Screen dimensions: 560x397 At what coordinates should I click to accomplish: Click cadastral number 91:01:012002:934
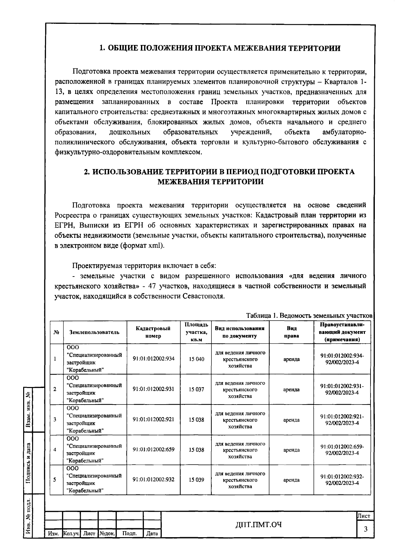153,359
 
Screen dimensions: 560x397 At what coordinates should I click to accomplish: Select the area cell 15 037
197,389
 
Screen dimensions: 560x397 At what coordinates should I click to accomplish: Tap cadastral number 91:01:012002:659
153,450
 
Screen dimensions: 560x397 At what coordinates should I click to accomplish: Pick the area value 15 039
197,480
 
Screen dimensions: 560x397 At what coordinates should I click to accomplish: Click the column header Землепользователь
94,332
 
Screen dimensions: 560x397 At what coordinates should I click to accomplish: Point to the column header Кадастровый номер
153,332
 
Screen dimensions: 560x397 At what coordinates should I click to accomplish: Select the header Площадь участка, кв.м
196,332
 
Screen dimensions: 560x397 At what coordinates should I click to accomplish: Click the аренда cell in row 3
291,420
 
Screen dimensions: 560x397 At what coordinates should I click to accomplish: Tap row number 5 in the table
55,480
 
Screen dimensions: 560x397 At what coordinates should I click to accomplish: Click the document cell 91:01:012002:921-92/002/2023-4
342,420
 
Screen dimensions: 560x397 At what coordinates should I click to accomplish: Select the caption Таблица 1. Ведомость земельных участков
309,316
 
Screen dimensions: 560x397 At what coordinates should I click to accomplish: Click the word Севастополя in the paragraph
203,296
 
